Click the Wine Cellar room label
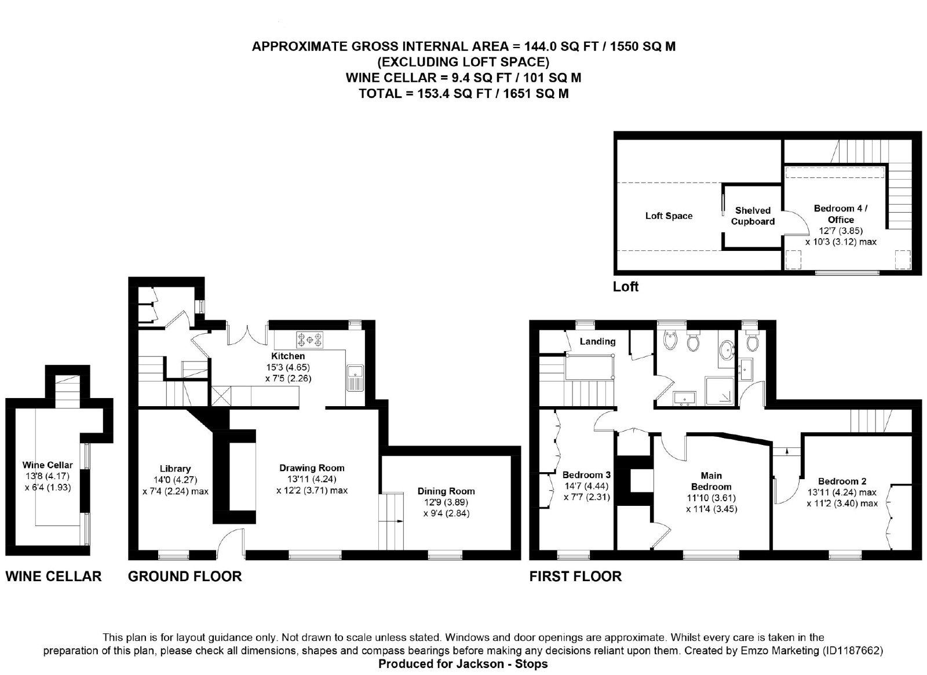point(48,465)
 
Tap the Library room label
point(175,469)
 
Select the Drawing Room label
point(312,468)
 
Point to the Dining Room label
point(446,491)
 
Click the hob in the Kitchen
point(309,340)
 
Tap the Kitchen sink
point(355,377)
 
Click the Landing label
point(597,341)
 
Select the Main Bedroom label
point(711,481)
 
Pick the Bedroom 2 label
point(842,481)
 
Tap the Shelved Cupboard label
point(753,216)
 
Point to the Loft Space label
point(669,216)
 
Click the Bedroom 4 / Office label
point(841,214)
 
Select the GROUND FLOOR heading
point(185,576)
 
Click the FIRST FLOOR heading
point(575,576)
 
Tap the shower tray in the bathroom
point(719,391)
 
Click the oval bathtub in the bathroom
point(726,351)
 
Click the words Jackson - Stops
point(502,664)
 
